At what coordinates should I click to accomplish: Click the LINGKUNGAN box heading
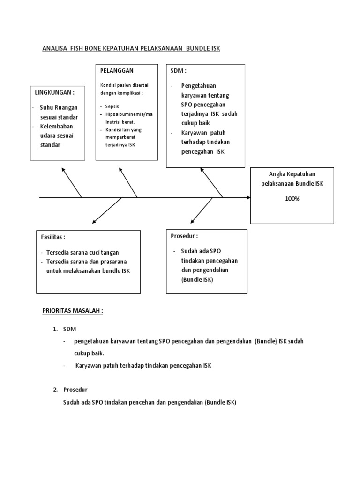tap(55, 93)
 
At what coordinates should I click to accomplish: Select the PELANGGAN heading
tap(117, 71)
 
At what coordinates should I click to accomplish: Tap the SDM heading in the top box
tap(179, 71)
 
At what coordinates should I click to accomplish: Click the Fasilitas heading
tap(53, 237)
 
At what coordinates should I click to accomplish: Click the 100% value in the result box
tap(292, 198)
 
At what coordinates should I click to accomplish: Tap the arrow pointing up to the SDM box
tap(211, 182)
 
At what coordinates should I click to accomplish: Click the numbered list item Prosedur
tap(75, 390)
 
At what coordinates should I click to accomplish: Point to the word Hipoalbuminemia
tap(127, 114)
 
